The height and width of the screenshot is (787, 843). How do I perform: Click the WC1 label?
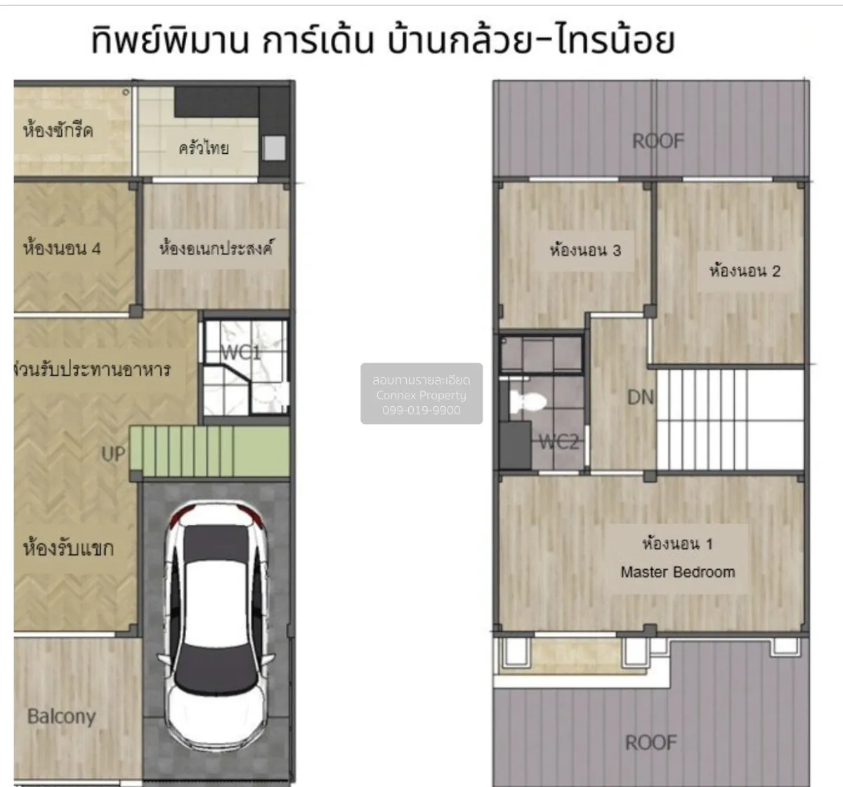pyautogui.click(x=241, y=353)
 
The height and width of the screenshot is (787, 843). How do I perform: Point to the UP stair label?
pyautogui.click(x=114, y=455)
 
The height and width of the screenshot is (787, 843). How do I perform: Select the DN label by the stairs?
pyautogui.click(x=640, y=398)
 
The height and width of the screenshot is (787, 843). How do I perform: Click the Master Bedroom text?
pyautogui.click(x=677, y=572)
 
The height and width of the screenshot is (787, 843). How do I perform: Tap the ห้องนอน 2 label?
pyautogui.click(x=745, y=271)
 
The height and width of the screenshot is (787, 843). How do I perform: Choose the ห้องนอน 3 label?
pyautogui.click(x=585, y=250)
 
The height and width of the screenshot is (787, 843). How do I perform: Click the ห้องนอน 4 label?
pyautogui.click(x=62, y=248)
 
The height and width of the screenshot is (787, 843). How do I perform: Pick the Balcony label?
pyautogui.click(x=61, y=717)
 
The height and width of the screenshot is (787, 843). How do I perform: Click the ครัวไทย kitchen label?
pyautogui.click(x=203, y=148)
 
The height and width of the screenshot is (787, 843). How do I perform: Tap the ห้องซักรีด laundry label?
pyautogui.click(x=58, y=130)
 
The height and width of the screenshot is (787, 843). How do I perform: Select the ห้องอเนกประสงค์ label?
pyautogui.click(x=216, y=248)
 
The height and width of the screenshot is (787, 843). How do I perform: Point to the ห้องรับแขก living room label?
pyautogui.click(x=68, y=548)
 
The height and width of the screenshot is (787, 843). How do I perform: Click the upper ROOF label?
pyautogui.click(x=658, y=141)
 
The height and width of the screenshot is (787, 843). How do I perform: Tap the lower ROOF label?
pyautogui.click(x=651, y=743)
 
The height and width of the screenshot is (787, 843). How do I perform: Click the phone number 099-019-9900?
pyautogui.click(x=421, y=410)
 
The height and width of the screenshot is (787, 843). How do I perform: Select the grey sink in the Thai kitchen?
pyautogui.click(x=274, y=148)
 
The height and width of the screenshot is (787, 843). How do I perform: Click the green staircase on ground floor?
pyautogui.click(x=210, y=450)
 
